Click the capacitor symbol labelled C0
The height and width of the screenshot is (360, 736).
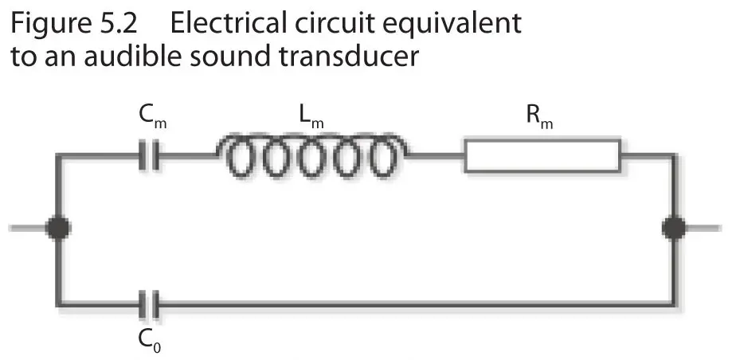click(149, 303)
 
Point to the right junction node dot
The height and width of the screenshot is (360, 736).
click(675, 229)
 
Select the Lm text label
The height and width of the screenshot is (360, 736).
click(311, 119)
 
